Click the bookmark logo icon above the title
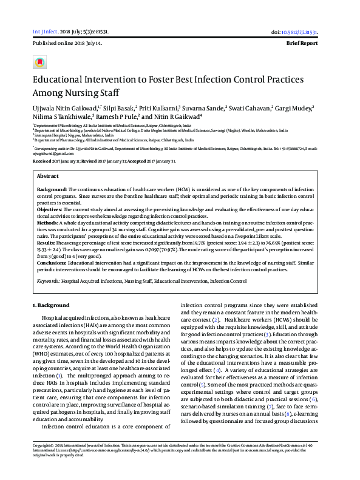[x=40, y=63]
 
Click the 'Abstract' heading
[x=48, y=175]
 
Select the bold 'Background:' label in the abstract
[x=50, y=190]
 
